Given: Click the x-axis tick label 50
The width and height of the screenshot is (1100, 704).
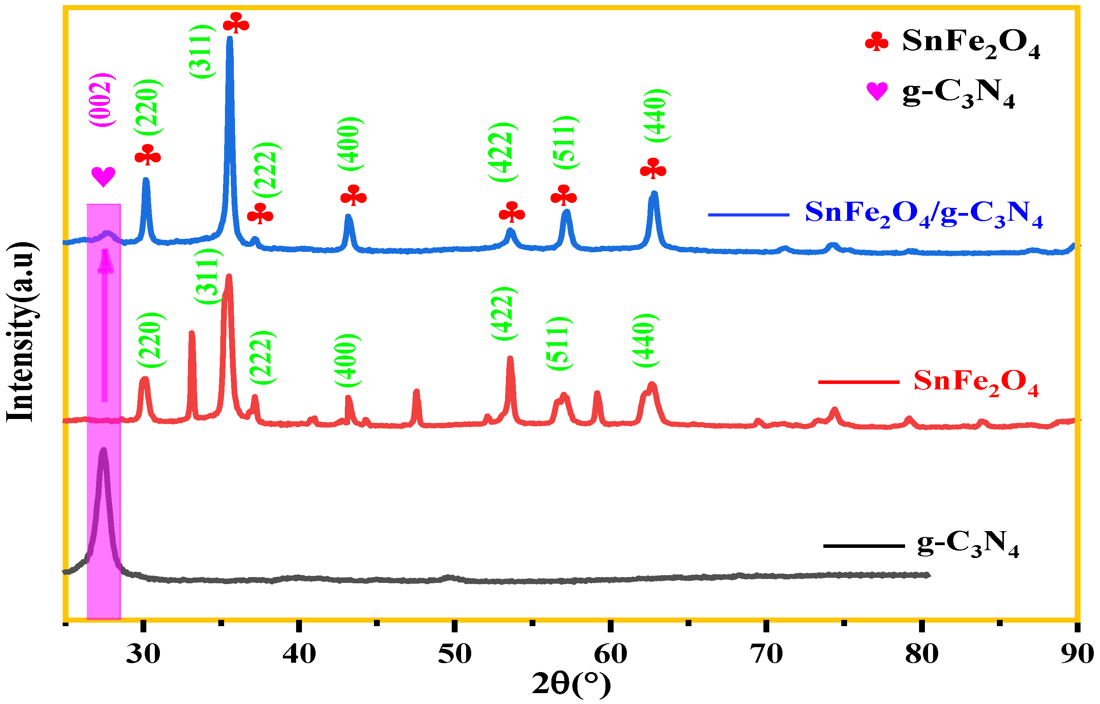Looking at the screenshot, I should [x=454, y=654].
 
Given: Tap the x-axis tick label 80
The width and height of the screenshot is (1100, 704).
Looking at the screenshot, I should [x=921, y=654].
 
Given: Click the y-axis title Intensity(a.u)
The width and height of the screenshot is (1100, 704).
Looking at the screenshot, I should [x=21, y=331].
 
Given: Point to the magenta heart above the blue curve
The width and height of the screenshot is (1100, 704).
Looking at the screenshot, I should [x=103, y=176].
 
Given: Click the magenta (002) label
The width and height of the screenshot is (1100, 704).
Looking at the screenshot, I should [x=102, y=100].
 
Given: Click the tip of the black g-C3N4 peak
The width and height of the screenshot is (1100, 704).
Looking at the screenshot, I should [x=103, y=450].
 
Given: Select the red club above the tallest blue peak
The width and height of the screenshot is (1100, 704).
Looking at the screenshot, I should [x=236, y=23].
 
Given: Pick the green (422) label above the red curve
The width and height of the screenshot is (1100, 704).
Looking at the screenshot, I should [x=504, y=313].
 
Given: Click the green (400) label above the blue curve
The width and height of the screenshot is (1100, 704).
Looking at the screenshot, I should [x=350, y=144].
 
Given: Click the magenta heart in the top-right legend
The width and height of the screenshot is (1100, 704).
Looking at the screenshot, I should [x=877, y=91].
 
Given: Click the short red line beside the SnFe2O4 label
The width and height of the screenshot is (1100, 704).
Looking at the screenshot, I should [x=858, y=382].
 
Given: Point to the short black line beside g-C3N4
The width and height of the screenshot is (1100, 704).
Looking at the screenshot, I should [x=863, y=546].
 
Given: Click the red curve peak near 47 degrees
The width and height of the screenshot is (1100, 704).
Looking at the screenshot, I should [x=416, y=392].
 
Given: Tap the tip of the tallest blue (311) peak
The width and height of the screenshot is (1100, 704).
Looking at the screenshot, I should [x=230, y=39].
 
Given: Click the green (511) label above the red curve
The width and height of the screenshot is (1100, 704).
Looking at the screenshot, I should [x=559, y=343].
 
